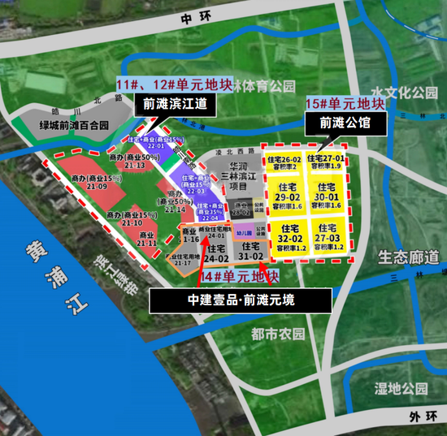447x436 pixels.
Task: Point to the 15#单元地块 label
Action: coord(345,104)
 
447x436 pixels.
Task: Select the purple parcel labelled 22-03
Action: coord(195,186)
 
